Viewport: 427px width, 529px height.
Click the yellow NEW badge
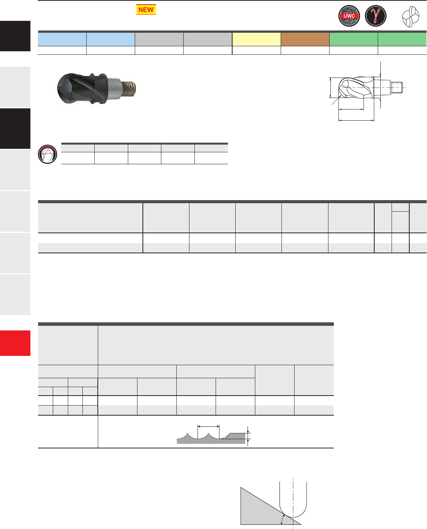click(x=146, y=9)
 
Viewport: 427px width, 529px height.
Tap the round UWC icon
click(x=349, y=16)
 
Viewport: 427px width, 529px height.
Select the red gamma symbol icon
click(x=375, y=16)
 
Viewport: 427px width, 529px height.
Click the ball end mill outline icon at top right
click(x=410, y=17)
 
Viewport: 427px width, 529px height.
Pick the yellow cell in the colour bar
click(x=256, y=39)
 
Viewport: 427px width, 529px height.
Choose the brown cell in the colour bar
click(x=305, y=39)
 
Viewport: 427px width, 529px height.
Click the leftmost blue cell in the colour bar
click(x=62, y=39)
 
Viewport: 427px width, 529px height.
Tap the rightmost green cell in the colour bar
click(x=402, y=39)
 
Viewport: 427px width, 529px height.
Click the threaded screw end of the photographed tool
click(x=129, y=89)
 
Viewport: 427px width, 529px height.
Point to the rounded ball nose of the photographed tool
click(x=65, y=88)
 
